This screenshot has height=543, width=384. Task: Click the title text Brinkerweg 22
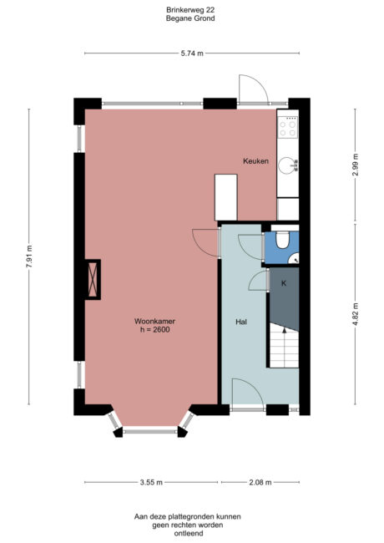coord(191,9)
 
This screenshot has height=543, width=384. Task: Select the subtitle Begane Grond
coord(191,18)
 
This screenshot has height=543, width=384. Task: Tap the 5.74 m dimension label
coord(193,53)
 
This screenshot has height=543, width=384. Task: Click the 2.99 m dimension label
coord(355,161)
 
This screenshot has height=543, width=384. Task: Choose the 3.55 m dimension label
coord(151,482)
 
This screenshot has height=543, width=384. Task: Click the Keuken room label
coord(255,161)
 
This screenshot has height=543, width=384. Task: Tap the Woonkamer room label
coord(154,321)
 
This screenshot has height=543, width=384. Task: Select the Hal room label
coord(241,321)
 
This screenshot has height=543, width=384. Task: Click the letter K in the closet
coord(283,284)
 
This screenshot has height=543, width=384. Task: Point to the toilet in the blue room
coord(284,241)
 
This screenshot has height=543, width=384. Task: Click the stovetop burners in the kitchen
coord(290,126)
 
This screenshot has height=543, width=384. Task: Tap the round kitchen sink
coord(289,165)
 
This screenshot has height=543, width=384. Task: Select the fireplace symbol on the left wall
coord(89,279)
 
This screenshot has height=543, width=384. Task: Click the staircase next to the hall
coord(284,348)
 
